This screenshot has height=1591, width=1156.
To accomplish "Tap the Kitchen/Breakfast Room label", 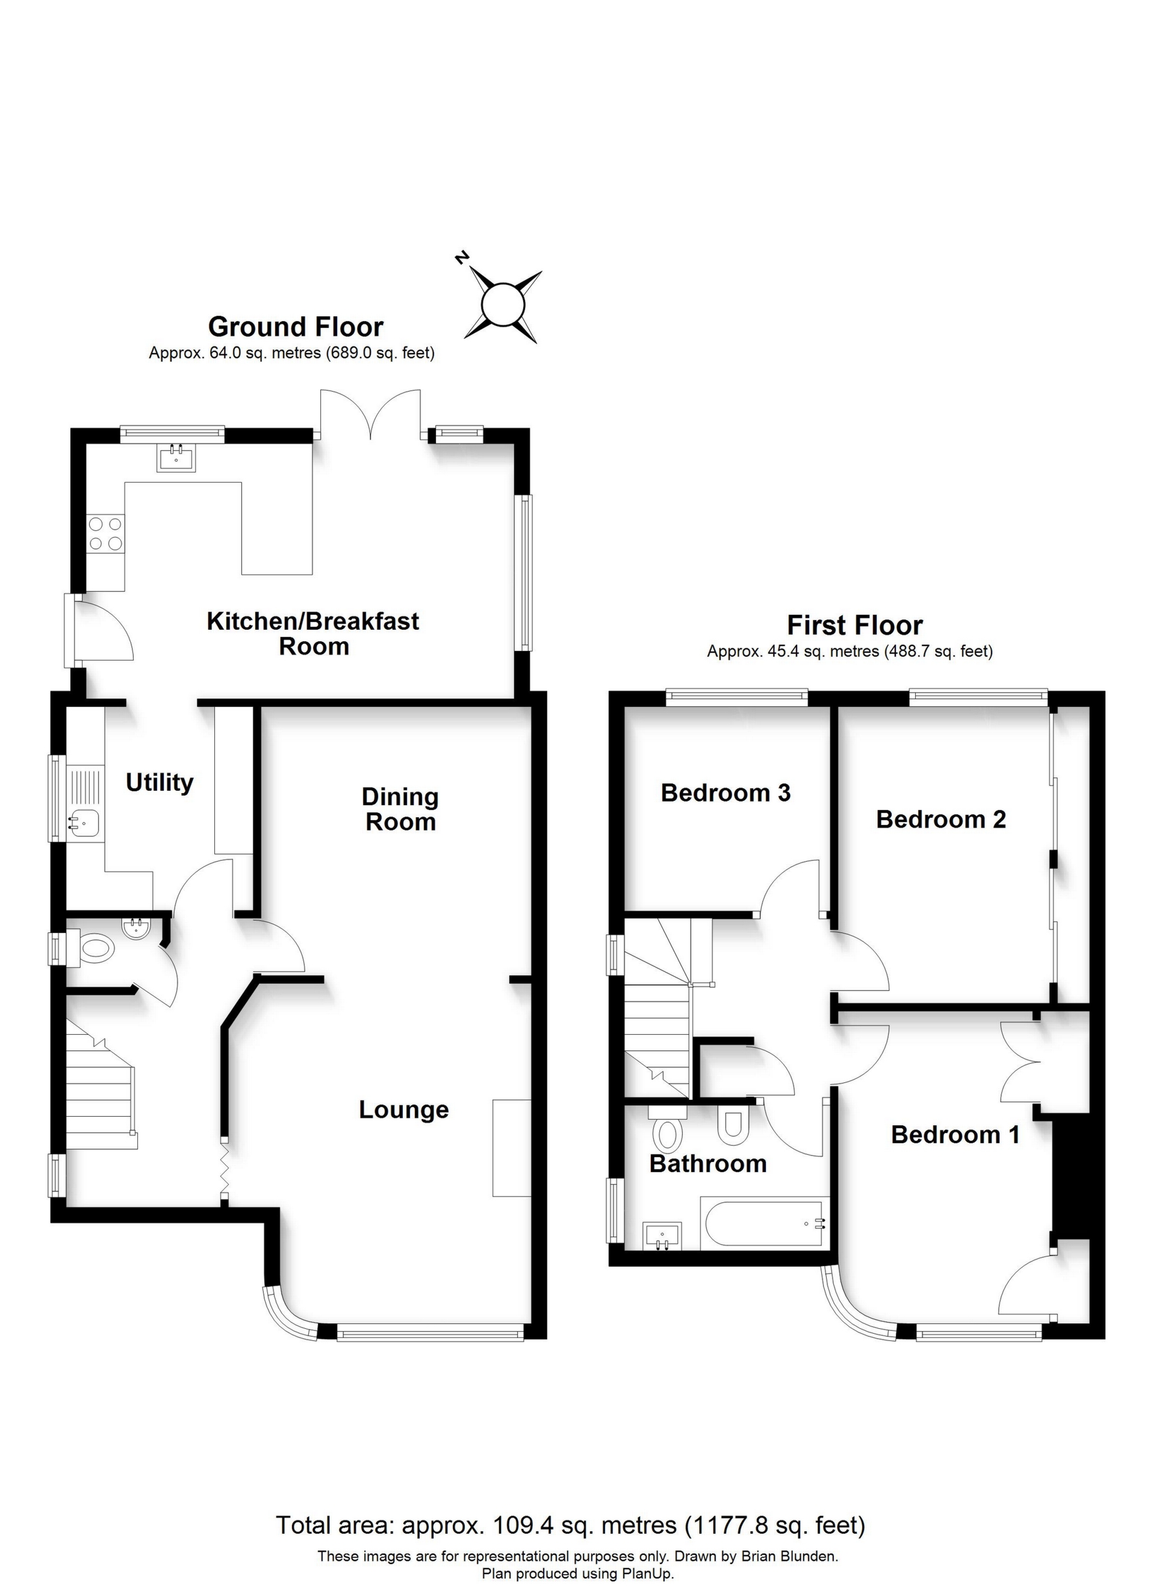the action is (x=313, y=633).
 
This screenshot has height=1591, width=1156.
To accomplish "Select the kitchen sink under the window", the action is (x=176, y=459).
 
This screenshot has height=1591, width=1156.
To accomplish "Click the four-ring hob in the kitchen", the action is (x=105, y=533).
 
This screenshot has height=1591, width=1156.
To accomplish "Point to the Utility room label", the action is (x=160, y=782).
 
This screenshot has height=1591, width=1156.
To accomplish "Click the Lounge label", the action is (x=404, y=1109).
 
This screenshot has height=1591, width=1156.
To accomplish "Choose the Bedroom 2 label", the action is (x=941, y=820).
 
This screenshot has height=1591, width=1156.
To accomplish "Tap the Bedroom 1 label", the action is (x=956, y=1134).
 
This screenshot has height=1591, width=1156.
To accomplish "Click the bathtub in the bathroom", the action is (x=764, y=1224).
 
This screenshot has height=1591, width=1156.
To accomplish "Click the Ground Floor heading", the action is (x=296, y=327).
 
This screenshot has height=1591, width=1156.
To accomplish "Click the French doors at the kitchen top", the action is (x=370, y=415).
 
